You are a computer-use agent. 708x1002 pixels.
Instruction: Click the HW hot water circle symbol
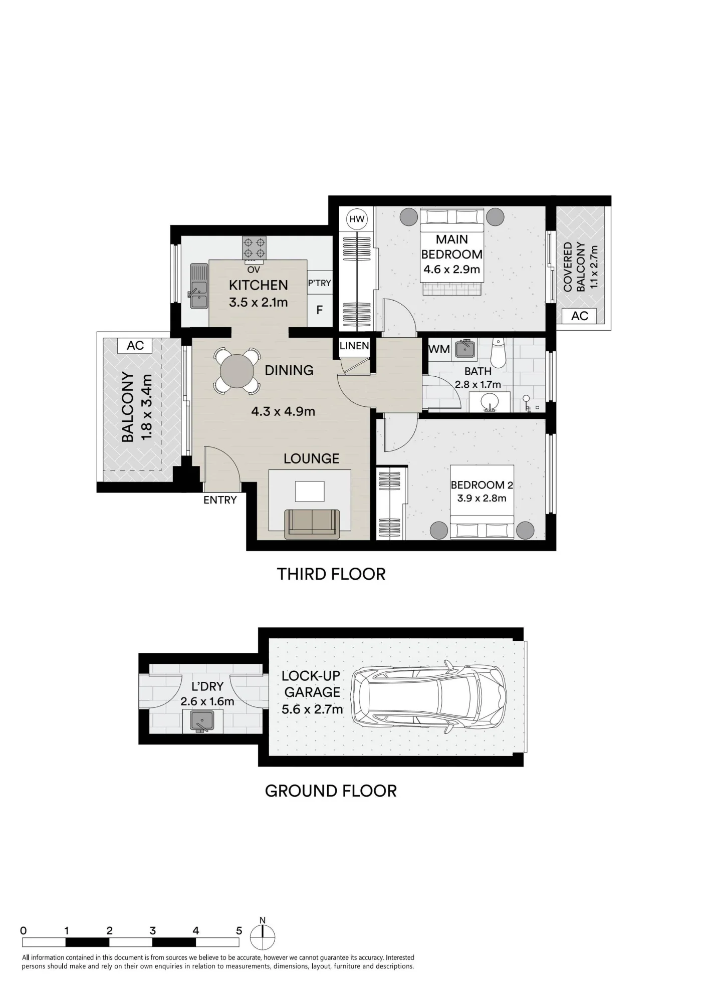pyautogui.click(x=357, y=219)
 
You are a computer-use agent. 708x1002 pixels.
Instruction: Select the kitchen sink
pyautogui.click(x=198, y=286)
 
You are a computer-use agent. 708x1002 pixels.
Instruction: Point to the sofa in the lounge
pyautogui.click(x=312, y=524)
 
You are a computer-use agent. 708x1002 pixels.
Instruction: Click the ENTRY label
pyautogui.click(x=220, y=500)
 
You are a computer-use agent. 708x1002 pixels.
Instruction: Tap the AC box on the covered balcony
pyautogui.click(x=580, y=316)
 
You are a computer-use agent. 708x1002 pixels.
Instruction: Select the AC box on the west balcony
pyautogui.click(x=135, y=346)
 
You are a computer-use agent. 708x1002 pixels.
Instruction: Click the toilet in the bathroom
pyautogui.click(x=498, y=353)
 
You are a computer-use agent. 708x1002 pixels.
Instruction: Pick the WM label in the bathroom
pyautogui.click(x=439, y=349)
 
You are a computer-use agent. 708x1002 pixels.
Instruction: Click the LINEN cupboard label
pyautogui.click(x=354, y=346)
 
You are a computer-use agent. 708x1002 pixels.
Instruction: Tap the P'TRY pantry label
pyautogui.click(x=320, y=283)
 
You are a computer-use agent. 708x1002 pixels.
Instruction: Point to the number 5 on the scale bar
pyautogui.click(x=239, y=931)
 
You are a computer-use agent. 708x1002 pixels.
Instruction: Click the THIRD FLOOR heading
pyautogui.click(x=331, y=574)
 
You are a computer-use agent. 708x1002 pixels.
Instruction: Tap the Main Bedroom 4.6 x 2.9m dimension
pyautogui.click(x=452, y=270)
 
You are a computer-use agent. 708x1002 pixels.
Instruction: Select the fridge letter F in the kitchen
pyautogui.click(x=320, y=310)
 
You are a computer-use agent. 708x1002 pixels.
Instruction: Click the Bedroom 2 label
pyautogui.click(x=482, y=485)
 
